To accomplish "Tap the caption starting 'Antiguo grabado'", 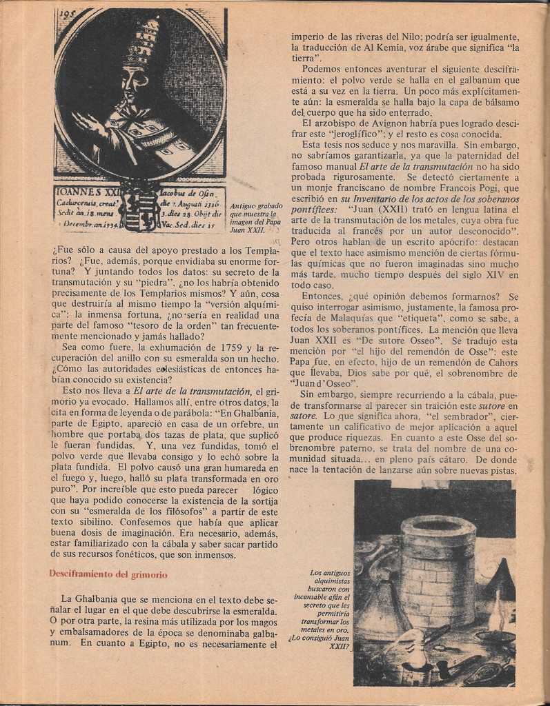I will click(x=255, y=218).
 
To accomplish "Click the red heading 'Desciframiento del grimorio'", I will click(x=108, y=574).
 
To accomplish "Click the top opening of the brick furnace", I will click(x=438, y=526).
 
